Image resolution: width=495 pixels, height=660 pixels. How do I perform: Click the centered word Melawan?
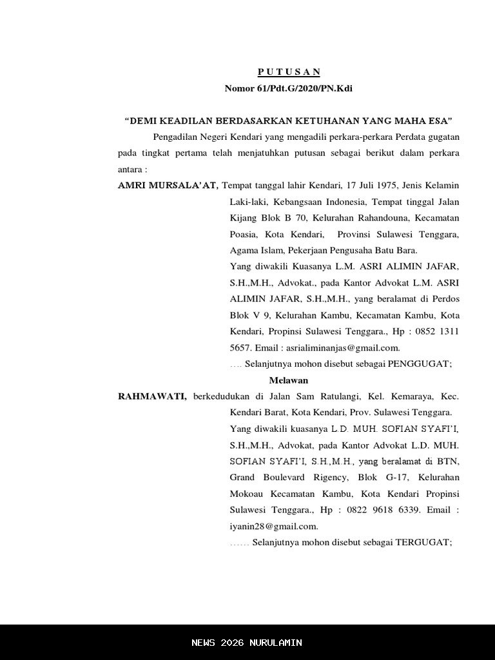[288, 380]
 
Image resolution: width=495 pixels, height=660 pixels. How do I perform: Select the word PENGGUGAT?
[418, 364]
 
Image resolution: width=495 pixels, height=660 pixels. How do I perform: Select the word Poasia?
[244, 235]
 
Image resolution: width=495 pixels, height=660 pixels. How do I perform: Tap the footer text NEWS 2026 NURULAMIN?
[247, 643]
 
